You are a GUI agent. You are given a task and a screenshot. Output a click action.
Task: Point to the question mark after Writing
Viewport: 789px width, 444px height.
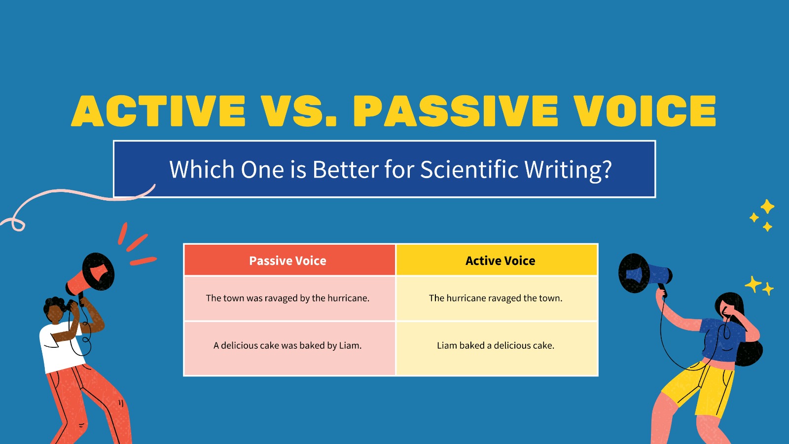(x=607, y=170)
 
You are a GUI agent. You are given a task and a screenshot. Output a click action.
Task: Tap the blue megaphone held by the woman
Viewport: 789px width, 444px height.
(x=644, y=274)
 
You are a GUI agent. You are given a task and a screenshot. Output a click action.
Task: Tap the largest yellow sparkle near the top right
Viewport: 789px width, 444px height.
(x=767, y=206)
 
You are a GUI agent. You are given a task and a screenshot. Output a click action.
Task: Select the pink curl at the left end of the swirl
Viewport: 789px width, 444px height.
(x=17, y=224)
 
